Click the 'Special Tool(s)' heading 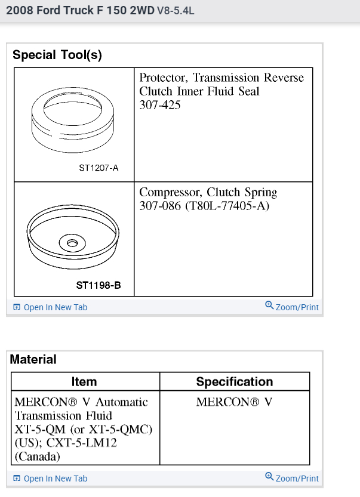pyautogui.click(x=57, y=55)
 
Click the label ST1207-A pyautogui.click(x=99, y=168)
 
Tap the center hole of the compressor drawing pyautogui.click(x=72, y=243)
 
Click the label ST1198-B pyautogui.click(x=99, y=285)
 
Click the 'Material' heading pyautogui.click(x=33, y=359)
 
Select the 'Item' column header pyautogui.click(x=84, y=382)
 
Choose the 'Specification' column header pyautogui.click(x=234, y=382)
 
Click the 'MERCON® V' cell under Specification pyautogui.click(x=234, y=402)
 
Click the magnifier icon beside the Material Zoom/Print pyautogui.click(x=269, y=477)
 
